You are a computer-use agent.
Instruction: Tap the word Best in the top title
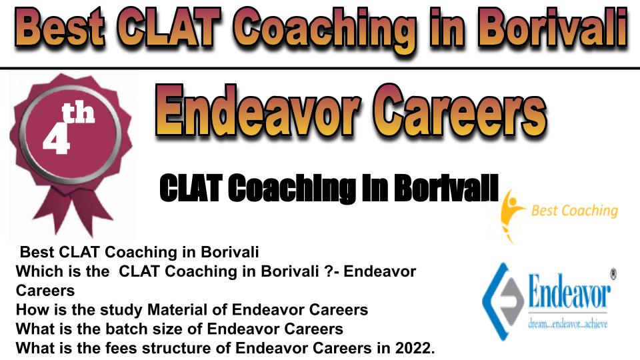tap(61, 28)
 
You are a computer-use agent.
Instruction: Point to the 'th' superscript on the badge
tap(79, 113)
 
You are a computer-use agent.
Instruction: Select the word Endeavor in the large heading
tap(258, 110)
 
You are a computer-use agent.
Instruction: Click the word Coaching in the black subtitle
tap(291, 188)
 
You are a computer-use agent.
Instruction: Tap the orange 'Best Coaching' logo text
tap(574, 211)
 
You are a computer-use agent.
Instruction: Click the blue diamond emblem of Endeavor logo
tap(503, 301)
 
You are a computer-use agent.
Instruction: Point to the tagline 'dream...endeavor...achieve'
tap(568, 325)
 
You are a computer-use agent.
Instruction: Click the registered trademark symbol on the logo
tap(613, 273)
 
